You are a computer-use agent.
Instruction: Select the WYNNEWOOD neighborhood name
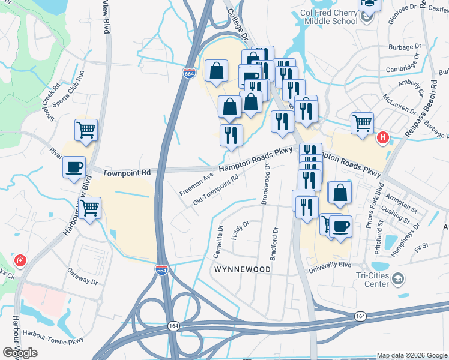coord(243,270)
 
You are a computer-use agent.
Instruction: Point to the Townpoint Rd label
coord(125,173)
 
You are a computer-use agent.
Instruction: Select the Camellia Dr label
coord(219,241)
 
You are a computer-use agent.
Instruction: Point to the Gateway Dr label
coord(82,276)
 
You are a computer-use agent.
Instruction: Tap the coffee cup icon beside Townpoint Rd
coord(74,167)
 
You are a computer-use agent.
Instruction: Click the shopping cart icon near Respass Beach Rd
coord(362,123)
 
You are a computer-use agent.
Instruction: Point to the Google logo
coord(20,352)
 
